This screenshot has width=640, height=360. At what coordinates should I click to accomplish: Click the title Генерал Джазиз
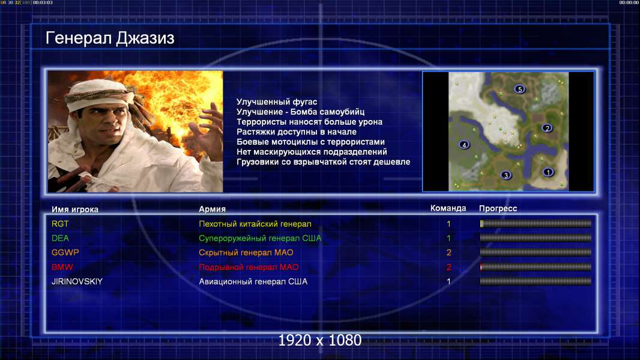110,38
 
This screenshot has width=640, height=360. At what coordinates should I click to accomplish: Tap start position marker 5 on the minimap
519,89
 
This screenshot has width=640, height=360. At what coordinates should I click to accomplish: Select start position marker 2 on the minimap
547,128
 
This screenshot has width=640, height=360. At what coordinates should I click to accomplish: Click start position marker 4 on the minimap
463,145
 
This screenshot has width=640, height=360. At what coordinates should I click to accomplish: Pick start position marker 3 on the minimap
506,175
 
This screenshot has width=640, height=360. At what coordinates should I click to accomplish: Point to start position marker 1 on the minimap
548,172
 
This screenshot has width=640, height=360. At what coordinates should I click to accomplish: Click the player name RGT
60,224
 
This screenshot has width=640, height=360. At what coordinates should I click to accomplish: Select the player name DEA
60,238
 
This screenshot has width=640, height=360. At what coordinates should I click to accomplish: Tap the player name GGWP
65,253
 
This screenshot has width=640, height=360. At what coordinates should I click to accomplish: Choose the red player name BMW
62,267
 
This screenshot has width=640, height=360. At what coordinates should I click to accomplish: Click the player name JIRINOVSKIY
77,281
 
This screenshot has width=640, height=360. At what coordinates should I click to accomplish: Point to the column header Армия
213,209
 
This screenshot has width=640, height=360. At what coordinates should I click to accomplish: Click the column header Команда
448,208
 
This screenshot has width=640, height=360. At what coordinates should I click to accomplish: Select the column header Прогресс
498,209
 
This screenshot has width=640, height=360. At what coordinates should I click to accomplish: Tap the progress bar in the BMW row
536,267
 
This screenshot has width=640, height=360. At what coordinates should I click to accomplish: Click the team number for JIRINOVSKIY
448,281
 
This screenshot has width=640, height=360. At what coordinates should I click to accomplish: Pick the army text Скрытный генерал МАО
246,253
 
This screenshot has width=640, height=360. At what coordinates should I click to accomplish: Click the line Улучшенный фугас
277,102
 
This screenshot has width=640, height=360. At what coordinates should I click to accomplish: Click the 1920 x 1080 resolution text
320,340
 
